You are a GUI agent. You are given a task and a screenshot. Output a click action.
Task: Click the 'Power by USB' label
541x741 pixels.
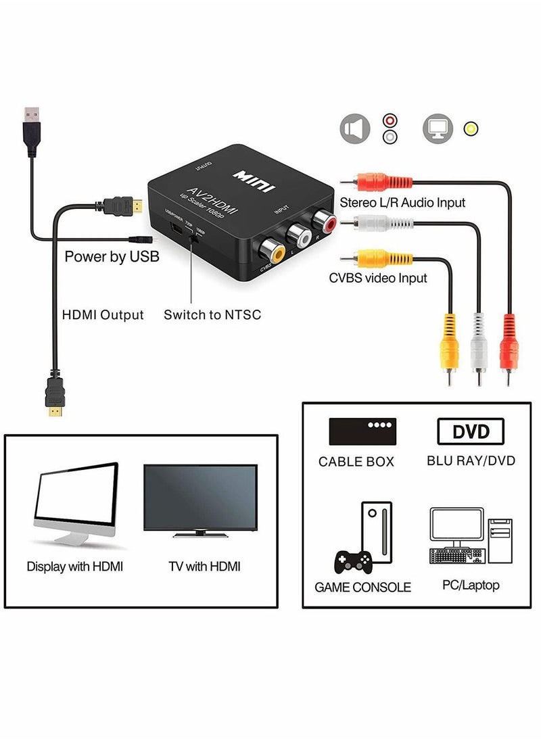tap(112, 257)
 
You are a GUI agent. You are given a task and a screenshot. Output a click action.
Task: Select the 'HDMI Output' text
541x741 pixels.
tap(103, 314)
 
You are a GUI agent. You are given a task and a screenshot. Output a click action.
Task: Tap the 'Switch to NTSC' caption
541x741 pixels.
tap(212, 314)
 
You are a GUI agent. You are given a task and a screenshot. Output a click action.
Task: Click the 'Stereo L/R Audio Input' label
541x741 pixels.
tap(402, 202)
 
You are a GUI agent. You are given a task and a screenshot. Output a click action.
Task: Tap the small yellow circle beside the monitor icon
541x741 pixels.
tap(469, 128)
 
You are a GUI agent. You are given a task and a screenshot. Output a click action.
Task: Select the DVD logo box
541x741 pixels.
tap(471, 431)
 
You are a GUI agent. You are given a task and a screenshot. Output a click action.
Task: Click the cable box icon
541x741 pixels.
tap(362, 431)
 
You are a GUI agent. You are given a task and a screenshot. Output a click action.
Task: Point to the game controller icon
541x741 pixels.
tap(353, 560)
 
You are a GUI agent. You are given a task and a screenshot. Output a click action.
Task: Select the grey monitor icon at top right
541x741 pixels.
tap(437, 128)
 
